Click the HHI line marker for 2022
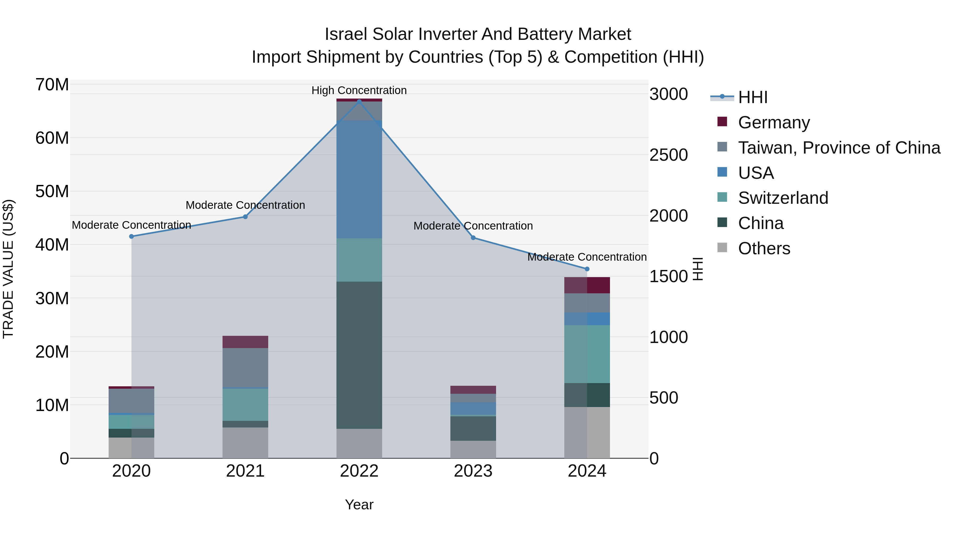(x=359, y=101)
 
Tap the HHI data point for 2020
(x=131, y=236)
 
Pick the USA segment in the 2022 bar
(x=359, y=179)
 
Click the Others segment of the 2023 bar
(x=473, y=449)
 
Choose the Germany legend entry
(x=774, y=122)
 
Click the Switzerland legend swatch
(x=722, y=197)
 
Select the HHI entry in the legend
(x=753, y=97)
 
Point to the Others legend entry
(x=764, y=248)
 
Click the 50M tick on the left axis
(x=52, y=192)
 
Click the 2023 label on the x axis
(x=473, y=471)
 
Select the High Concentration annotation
(x=359, y=90)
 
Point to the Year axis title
(x=359, y=505)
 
